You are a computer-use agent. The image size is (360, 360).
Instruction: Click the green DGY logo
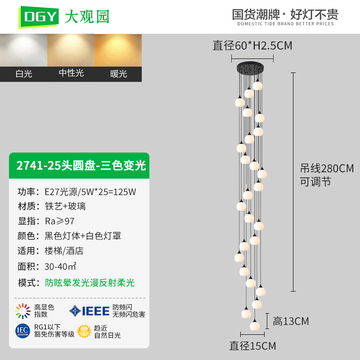pyautogui.click(x=38, y=17)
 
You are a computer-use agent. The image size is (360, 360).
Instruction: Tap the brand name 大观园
pyautogui.click(x=87, y=17)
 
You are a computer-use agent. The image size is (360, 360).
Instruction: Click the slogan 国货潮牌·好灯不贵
pyautogui.click(x=285, y=14)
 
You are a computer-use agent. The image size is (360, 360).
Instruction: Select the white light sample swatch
pyautogui.click(x=24, y=50)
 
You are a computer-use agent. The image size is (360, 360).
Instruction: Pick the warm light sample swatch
pyautogui.click(x=118, y=50)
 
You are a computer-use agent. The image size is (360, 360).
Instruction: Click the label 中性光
pyautogui.click(x=71, y=73)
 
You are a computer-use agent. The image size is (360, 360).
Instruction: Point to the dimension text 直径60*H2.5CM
pyautogui.click(x=252, y=45)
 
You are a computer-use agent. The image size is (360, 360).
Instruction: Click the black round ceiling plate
pyautogui.click(x=250, y=68)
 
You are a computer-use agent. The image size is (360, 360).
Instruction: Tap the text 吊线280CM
pyautogui.click(x=327, y=168)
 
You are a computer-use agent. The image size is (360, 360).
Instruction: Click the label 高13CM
pyautogui.click(x=291, y=321)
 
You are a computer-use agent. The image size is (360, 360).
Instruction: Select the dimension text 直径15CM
pyautogui.click(x=252, y=346)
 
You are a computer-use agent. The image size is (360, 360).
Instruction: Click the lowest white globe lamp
pyautogui.click(x=255, y=325)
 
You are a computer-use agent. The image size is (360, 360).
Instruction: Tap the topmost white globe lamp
pyautogui.click(x=257, y=85)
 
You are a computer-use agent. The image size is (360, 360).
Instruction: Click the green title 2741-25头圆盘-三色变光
pyautogui.click(x=81, y=165)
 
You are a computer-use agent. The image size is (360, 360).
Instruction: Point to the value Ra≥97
pyautogui.click(x=60, y=221)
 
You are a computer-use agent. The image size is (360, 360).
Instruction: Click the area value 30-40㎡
pyautogui.click(x=60, y=266)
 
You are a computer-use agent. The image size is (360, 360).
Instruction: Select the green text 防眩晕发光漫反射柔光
pyautogui.click(x=90, y=283)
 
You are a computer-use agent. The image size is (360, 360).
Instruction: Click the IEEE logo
pyautogui.click(x=90, y=311)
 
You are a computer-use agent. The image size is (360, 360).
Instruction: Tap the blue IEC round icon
pyautogui.click(x=23, y=331)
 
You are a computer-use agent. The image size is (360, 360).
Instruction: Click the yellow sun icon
pyautogui.click(x=84, y=331)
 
